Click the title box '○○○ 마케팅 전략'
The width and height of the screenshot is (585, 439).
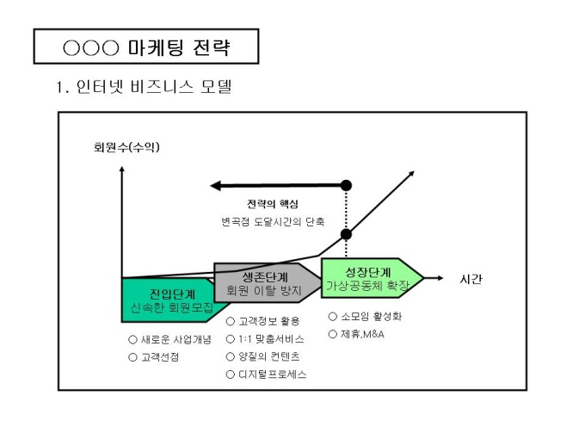(146, 46)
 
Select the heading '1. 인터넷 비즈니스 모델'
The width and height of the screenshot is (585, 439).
(144, 87)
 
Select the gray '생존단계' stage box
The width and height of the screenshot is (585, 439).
(262, 284)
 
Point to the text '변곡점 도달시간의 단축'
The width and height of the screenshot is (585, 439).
(273, 222)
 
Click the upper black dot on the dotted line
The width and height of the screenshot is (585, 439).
(347, 185)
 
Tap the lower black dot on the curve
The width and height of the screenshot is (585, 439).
(347, 234)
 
